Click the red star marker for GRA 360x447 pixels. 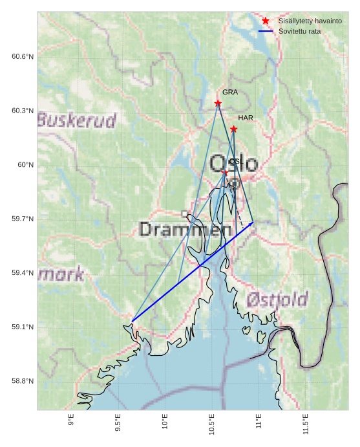(x=218, y=104)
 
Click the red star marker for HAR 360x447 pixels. (x=233, y=129)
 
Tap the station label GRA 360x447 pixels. (x=230, y=92)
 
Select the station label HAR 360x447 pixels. (x=246, y=118)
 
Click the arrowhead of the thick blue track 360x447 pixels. (x=252, y=223)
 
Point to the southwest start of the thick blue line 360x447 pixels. (x=132, y=322)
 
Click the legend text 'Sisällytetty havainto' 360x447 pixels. (x=310, y=21)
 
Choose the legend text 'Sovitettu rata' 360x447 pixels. (x=299, y=31)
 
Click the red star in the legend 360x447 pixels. (x=266, y=21)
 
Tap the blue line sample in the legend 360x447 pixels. (x=266, y=31)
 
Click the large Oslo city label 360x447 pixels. (x=234, y=163)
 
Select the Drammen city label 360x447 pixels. (x=185, y=230)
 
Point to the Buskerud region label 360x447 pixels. (x=77, y=120)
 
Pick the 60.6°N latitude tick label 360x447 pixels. (x=23, y=57)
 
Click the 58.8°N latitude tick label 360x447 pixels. (x=23, y=381)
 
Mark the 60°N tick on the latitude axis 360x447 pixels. (x=25, y=165)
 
